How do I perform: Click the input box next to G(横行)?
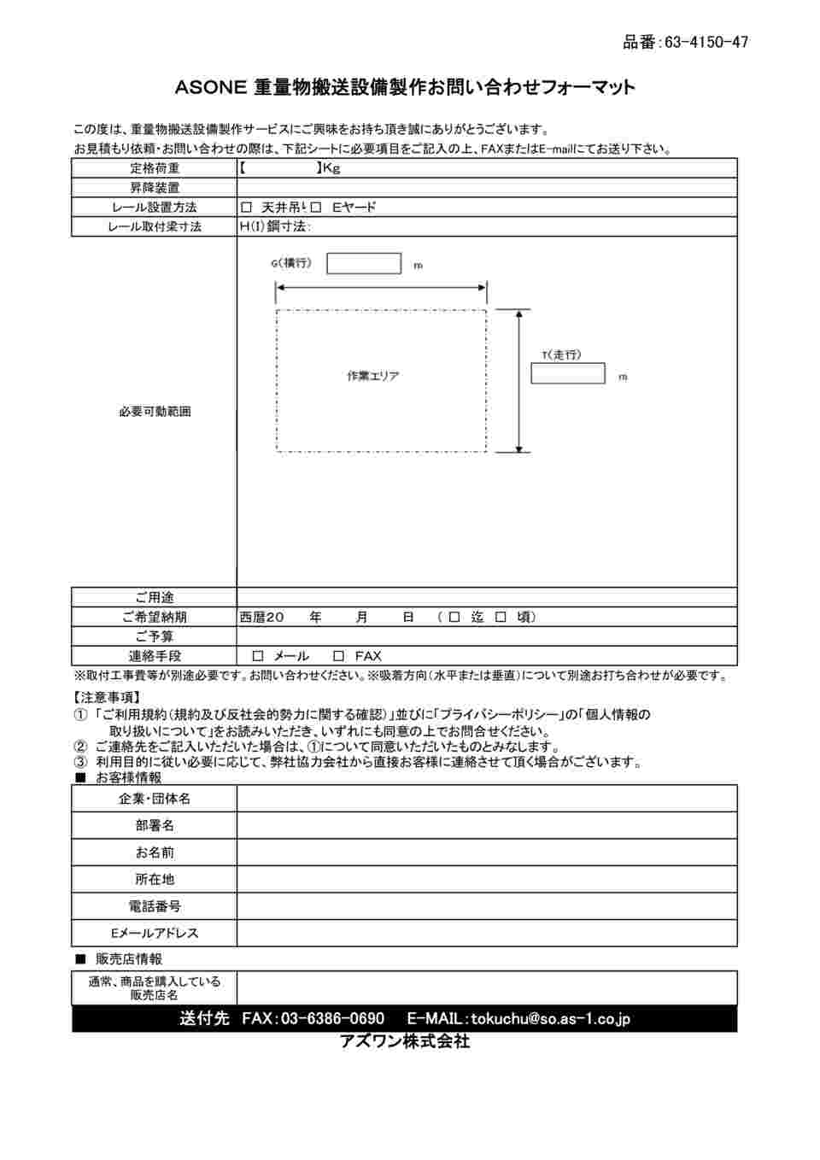[x=363, y=263]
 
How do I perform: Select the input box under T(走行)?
[x=567, y=373]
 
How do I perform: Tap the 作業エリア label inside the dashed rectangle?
[x=372, y=376]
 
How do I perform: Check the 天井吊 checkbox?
[x=247, y=208]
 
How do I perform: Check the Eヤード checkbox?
[x=315, y=208]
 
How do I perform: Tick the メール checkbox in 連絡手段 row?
[x=258, y=656]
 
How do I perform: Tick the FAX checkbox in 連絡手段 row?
[x=338, y=656]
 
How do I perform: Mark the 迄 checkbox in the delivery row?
[x=454, y=617]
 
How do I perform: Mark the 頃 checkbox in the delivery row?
[x=501, y=617]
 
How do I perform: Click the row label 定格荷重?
[x=155, y=168]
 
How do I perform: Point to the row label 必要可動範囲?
[x=155, y=412]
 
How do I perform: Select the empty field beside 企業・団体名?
[x=487, y=799]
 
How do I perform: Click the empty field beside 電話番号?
[x=487, y=906]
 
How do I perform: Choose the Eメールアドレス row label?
[x=155, y=934]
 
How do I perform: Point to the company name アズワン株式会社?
[x=405, y=1041]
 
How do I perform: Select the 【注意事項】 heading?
[x=108, y=698]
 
